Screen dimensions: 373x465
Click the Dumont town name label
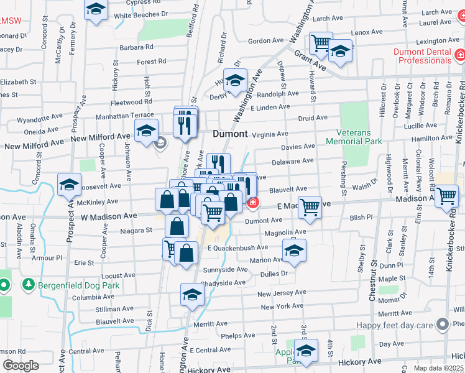point(230,134)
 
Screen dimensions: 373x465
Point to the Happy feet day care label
point(394,325)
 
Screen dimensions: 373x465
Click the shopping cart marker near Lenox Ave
point(321,44)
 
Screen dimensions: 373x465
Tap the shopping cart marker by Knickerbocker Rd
point(447,197)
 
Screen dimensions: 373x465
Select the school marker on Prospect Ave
point(70,184)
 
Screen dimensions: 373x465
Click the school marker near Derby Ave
point(236,81)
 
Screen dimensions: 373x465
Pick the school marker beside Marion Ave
point(294,251)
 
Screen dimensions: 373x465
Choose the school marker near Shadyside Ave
point(193,295)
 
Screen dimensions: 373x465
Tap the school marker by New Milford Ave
point(146,131)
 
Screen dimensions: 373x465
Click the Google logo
point(20,366)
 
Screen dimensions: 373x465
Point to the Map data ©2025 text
point(438,368)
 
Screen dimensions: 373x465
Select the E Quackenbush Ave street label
point(237,247)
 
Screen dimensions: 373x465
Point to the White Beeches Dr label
point(141,14)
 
